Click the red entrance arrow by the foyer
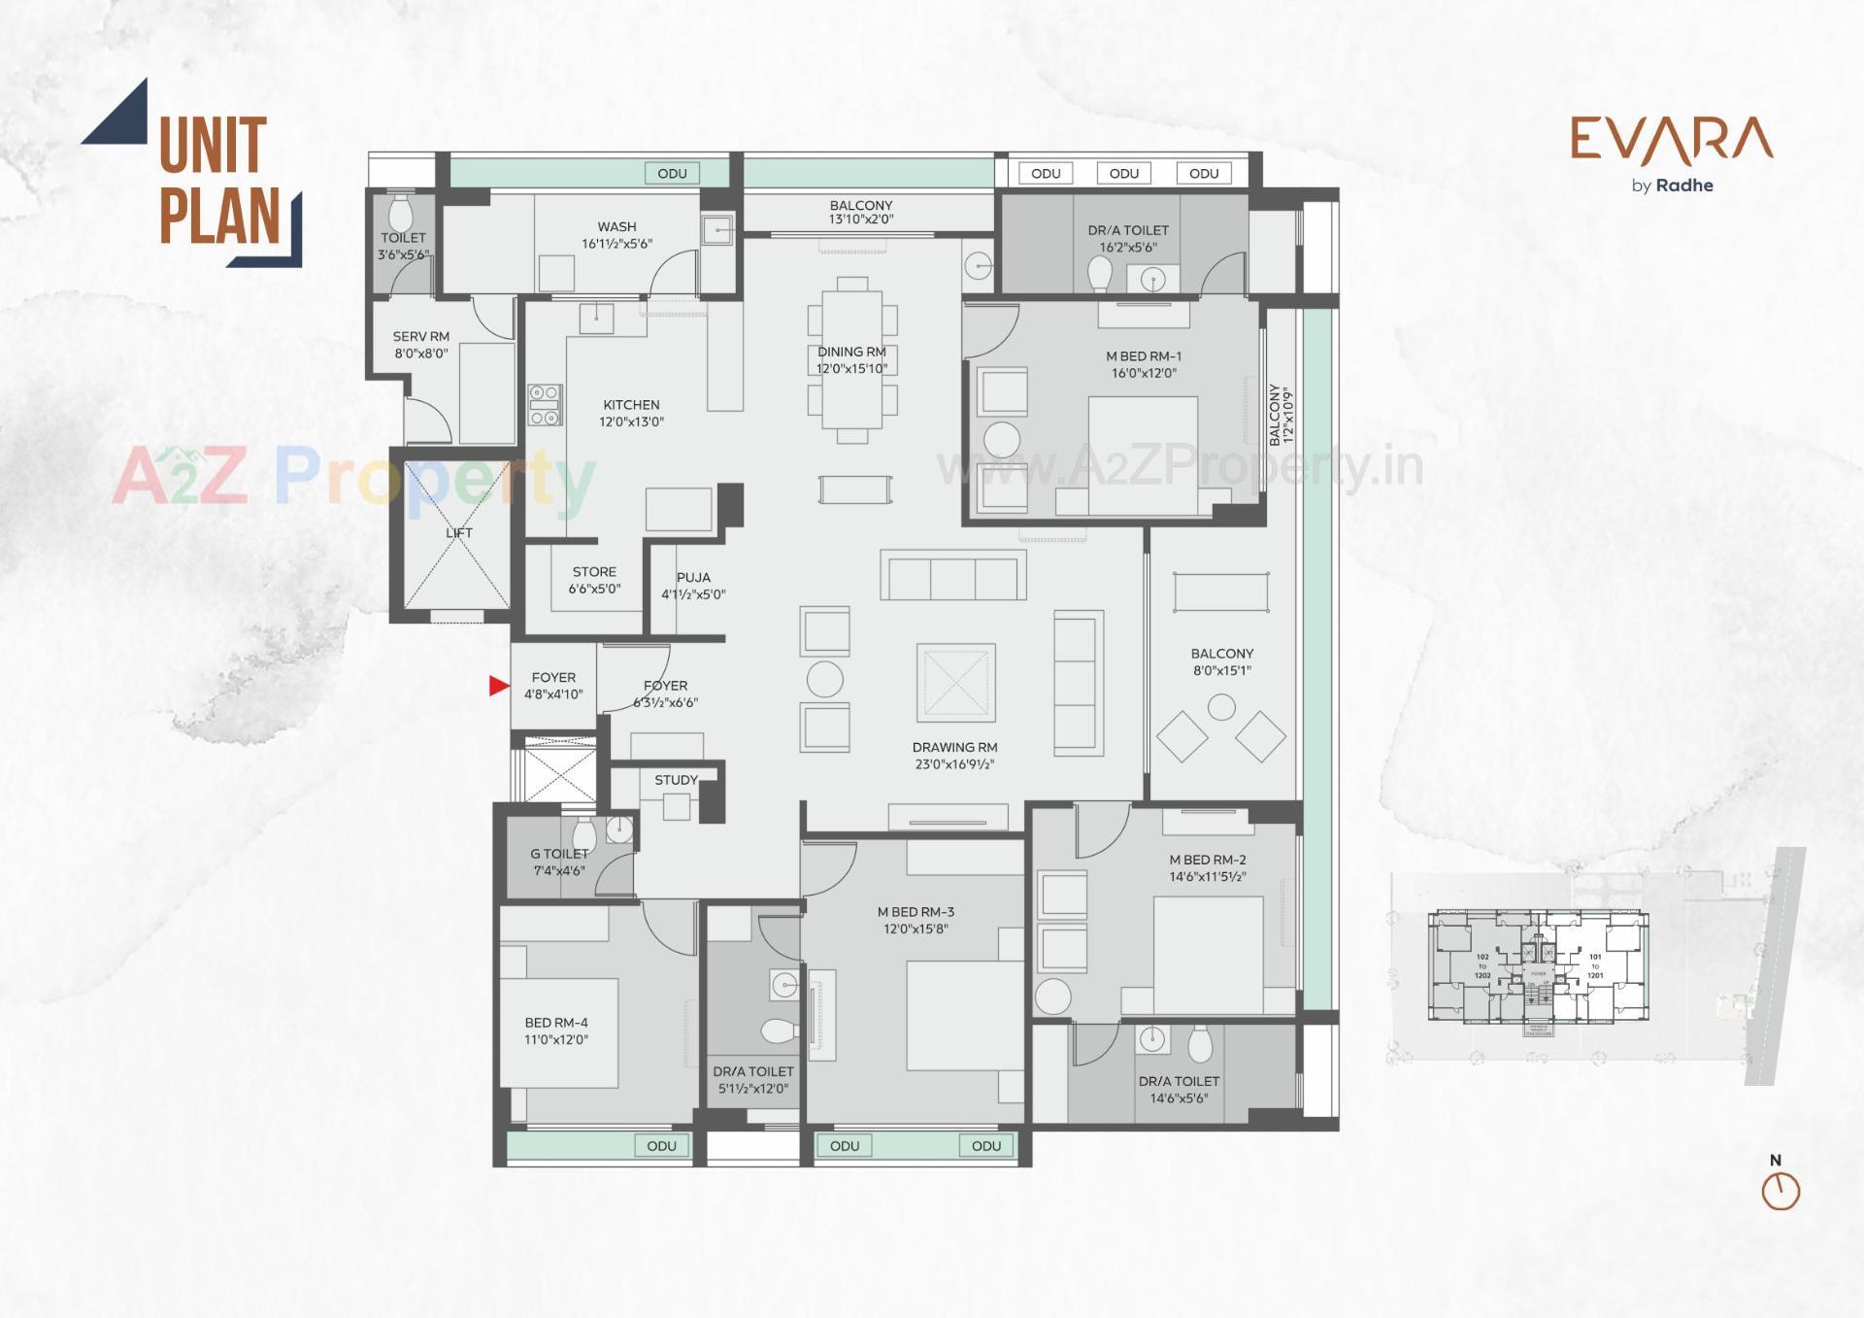498,686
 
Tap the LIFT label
459,533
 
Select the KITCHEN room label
631,405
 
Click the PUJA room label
693,578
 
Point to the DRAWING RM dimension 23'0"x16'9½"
954,764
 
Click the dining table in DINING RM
852,359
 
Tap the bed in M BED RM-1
1142,455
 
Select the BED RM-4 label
556,1023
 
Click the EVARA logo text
1672,140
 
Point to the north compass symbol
1781,1190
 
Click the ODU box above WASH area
672,174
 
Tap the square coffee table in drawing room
955,683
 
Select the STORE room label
594,572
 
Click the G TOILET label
559,854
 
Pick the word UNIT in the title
213,146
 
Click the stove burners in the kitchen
545,405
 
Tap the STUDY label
676,780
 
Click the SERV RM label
421,337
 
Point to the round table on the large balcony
1221,707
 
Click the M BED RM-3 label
915,912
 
